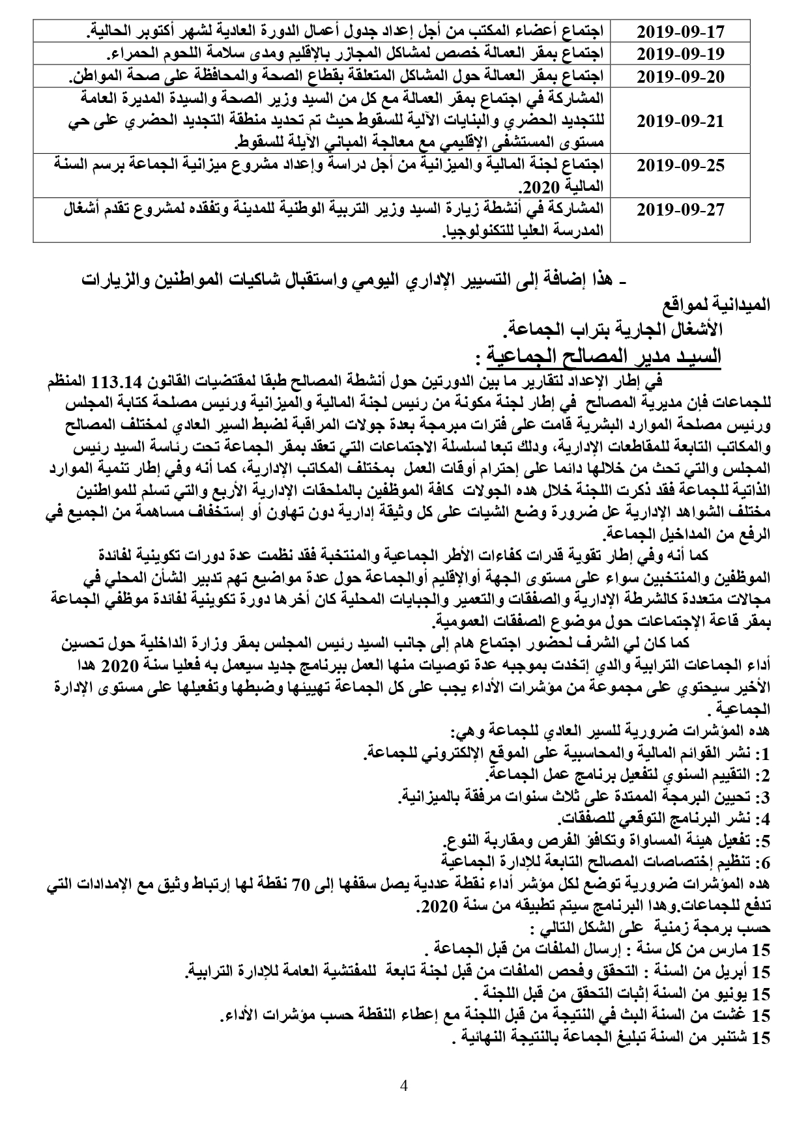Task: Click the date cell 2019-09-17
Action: tap(680, 31)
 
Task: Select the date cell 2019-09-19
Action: tap(680, 53)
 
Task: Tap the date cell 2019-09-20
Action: tap(680, 76)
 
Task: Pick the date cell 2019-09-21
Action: tap(680, 121)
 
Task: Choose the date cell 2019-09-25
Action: tap(680, 165)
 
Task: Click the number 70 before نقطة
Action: tap(373, 884)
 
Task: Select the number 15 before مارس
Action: tap(760, 948)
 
